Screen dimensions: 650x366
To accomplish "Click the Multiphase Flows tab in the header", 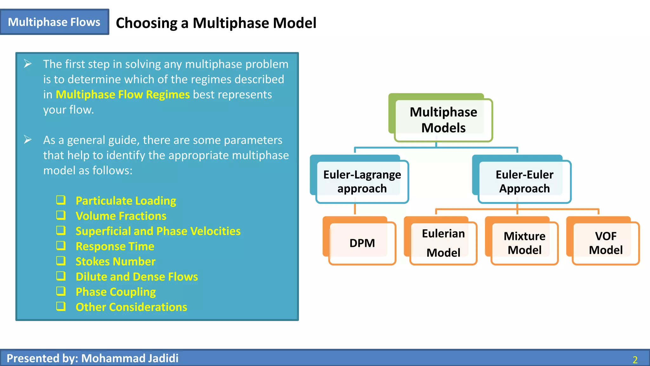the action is [x=54, y=22].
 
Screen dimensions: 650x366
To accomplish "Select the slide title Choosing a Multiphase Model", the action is [x=216, y=23].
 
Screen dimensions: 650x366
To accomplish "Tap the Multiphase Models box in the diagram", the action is [x=441, y=118].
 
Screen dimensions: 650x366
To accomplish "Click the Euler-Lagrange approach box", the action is [x=359, y=179].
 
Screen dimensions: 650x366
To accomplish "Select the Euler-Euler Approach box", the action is [x=522, y=179].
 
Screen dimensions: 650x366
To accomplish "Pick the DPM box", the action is [x=359, y=241].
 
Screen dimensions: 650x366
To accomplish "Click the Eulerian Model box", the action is [x=441, y=241].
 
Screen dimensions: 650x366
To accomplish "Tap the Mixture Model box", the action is [x=522, y=241].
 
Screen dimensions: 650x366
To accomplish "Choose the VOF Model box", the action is [x=603, y=241].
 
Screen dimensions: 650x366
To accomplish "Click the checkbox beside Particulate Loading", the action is [x=61, y=200].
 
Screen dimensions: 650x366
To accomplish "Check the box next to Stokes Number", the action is [x=61, y=261].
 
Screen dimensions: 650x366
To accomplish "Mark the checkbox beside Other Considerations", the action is [x=61, y=306].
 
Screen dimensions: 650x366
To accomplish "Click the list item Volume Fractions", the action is [x=121, y=216].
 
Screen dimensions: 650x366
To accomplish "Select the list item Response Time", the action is [x=115, y=247].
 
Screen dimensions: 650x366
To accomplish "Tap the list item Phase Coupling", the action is [x=116, y=292].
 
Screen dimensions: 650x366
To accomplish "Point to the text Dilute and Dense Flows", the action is [x=137, y=277].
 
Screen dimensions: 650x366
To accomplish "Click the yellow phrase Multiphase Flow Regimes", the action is [x=123, y=95].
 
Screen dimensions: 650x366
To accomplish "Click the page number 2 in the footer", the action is [x=635, y=360].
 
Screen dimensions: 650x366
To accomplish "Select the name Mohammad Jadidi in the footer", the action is [x=130, y=358].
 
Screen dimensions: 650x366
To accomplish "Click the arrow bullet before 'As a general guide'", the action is [x=28, y=140].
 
